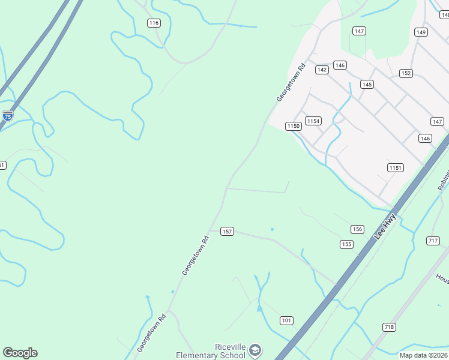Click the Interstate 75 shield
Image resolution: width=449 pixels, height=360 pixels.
(x=7, y=116)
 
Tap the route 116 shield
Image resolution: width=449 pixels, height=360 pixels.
(x=154, y=23)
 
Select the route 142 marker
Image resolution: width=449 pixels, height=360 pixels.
(x=322, y=70)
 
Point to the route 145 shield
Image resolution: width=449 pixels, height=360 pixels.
(x=367, y=84)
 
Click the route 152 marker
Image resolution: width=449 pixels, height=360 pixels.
(x=406, y=73)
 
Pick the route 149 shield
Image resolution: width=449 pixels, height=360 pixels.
(x=421, y=32)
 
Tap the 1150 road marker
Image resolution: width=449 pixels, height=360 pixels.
(x=293, y=126)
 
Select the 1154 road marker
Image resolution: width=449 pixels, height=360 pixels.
(x=313, y=121)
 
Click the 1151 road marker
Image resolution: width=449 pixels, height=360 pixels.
(x=395, y=167)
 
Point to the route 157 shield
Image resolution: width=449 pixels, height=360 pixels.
(x=226, y=232)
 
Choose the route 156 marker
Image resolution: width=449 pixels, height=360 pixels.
(x=357, y=229)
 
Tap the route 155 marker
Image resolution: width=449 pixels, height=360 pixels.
(x=346, y=244)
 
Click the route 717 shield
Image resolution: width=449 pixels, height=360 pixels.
(x=433, y=241)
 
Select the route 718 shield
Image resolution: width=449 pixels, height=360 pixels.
(x=389, y=327)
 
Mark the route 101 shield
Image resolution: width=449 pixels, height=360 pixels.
(x=286, y=320)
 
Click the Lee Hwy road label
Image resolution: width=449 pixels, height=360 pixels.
(x=385, y=226)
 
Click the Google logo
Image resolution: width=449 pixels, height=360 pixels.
(x=20, y=353)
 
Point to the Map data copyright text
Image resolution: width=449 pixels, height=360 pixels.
(x=423, y=355)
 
